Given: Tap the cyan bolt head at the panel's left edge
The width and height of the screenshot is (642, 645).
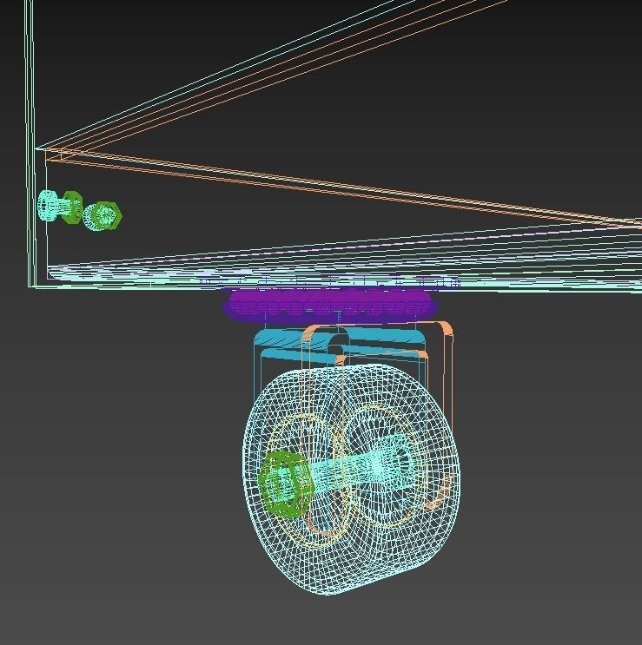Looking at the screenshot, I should coord(48,207).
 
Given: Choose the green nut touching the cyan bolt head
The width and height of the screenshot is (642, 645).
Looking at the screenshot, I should coord(72,208).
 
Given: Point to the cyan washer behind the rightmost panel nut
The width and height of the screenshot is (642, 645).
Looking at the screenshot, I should coord(92,215).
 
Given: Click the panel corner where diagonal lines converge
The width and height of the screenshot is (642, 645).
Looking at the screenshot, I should coord(37,148).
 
